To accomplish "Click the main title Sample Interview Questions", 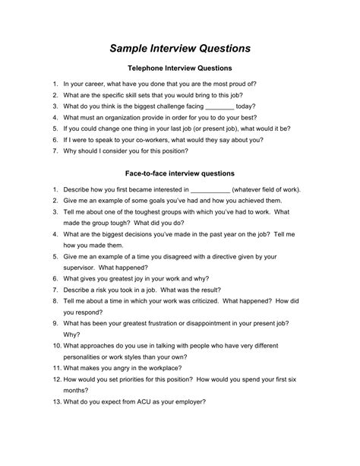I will [x=179, y=48].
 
